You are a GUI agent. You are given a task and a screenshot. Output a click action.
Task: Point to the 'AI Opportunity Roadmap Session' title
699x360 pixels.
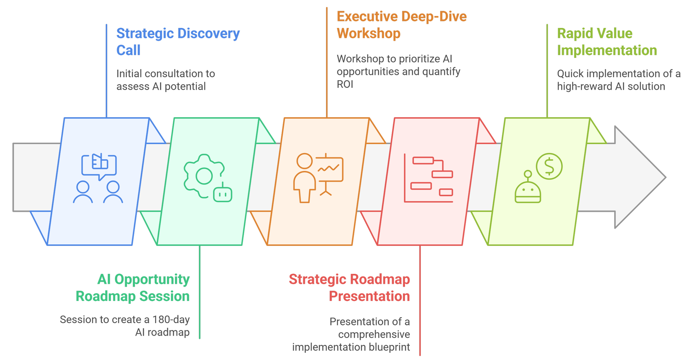pos(133,288)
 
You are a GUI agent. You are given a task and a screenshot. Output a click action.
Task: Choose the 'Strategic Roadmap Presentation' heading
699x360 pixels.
pos(349,288)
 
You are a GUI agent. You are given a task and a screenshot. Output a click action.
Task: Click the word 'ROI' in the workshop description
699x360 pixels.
pos(345,84)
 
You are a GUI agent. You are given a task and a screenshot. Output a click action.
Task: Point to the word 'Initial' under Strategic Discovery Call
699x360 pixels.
pos(129,74)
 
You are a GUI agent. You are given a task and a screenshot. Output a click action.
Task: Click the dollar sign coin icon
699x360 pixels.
pos(549,166)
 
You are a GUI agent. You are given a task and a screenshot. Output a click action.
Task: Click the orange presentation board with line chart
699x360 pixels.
pos(329,170)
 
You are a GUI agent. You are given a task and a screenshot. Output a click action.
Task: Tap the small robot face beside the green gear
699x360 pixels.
pos(223,194)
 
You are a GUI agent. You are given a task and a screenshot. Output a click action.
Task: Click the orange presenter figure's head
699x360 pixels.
pos(304,161)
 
